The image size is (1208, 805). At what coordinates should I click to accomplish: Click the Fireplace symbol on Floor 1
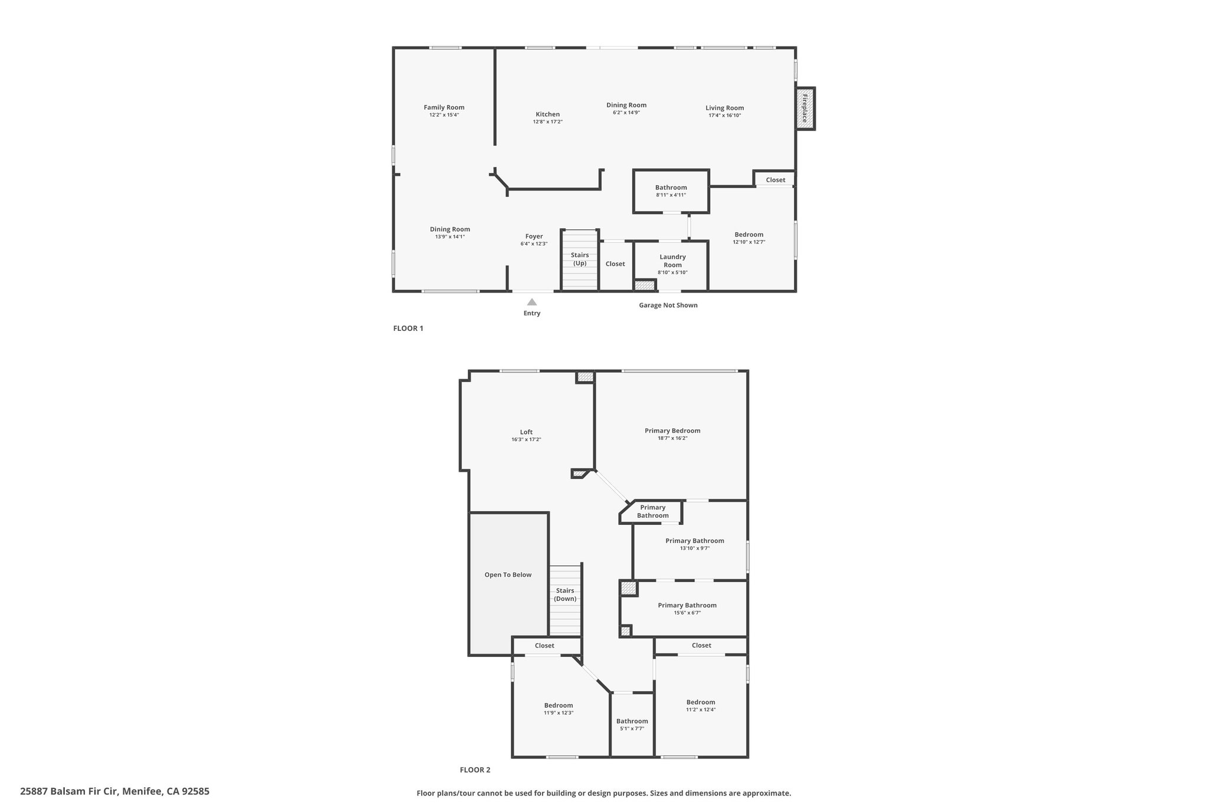pos(806,109)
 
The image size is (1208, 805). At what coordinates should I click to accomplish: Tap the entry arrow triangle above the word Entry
pos(532,302)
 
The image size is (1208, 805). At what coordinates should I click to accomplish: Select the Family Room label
pos(444,107)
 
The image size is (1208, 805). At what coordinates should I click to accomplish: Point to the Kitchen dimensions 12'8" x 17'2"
pos(548,121)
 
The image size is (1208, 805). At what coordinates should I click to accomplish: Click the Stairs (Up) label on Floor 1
pos(580,259)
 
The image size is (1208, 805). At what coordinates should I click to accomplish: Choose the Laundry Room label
pos(672,261)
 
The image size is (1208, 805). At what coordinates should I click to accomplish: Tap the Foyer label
pos(534,236)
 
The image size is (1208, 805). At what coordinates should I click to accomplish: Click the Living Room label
pos(725,108)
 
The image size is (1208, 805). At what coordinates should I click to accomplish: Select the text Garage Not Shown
pos(668,305)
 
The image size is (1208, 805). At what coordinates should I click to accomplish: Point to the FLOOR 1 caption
pos(408,328)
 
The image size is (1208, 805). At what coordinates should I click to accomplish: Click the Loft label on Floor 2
pos(526,432)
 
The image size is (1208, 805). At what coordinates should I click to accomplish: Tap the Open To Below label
pos(508,575)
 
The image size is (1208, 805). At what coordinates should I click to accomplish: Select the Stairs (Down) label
pos(565,594)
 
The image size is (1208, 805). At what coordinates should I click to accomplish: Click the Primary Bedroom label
pos(672,431)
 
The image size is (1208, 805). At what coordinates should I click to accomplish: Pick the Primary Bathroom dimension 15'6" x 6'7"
pos(687,613)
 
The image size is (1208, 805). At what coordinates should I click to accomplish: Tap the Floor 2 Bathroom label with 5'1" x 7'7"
pos(632,721)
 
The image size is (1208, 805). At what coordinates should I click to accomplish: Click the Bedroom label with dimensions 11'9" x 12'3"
pos(559,705)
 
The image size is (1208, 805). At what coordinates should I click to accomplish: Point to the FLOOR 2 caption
pos(475,770)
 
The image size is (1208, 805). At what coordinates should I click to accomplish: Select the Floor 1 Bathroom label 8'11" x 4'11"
pos(671,188)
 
